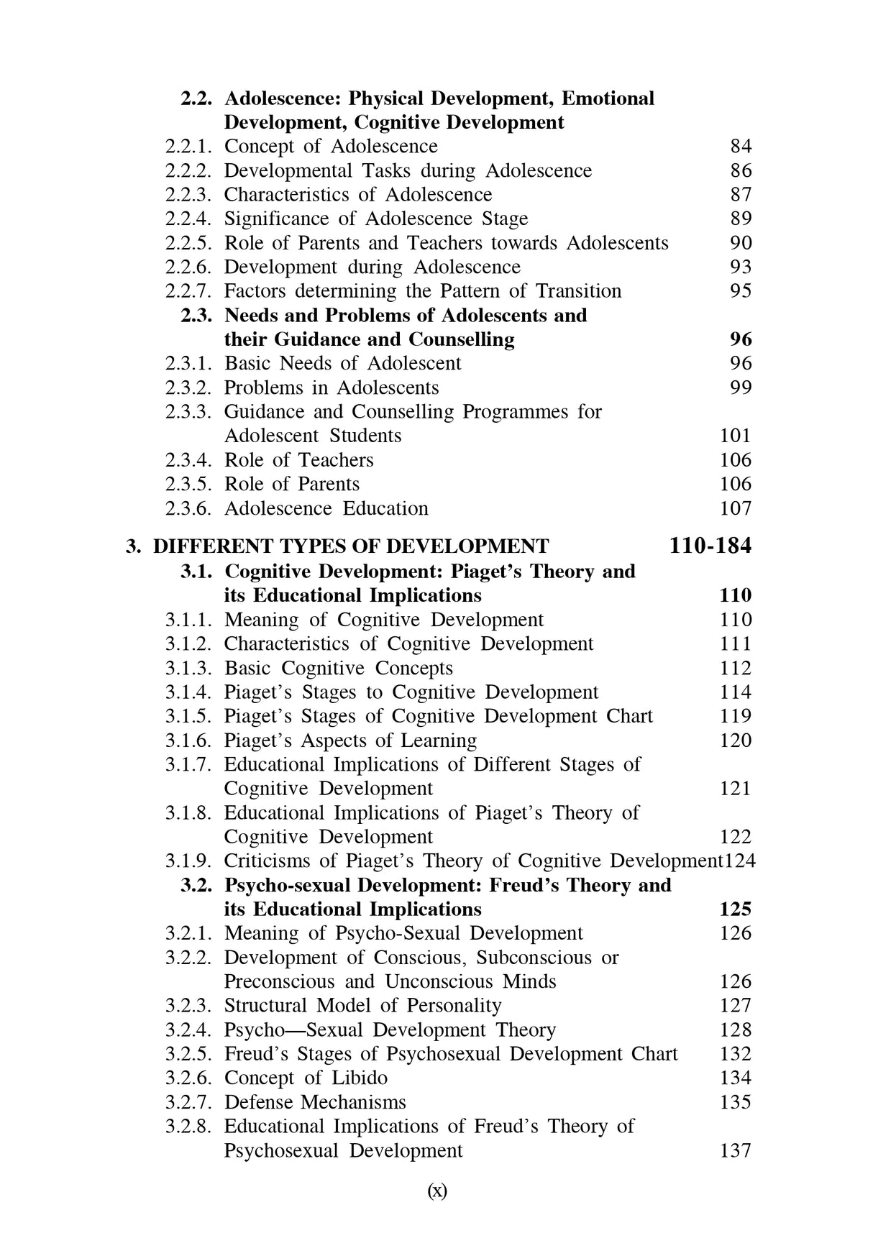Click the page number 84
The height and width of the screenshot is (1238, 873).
click(741, 147)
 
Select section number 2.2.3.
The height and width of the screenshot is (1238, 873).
click(188, 195)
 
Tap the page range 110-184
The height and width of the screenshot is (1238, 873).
click(710, 546)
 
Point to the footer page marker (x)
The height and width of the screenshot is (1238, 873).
click(437, 1191)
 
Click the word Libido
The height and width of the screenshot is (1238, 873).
click(360, 1078)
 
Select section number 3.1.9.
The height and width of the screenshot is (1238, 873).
click(188, 861)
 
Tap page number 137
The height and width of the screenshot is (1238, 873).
click(735, 1150)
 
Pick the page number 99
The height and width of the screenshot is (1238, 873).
click(741, 388)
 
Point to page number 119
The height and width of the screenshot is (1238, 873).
click(735, 716)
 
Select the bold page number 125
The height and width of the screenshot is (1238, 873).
click(735, 909)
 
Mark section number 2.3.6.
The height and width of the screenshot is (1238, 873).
click(188, 508)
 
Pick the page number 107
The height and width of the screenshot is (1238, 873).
click(735, 508)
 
